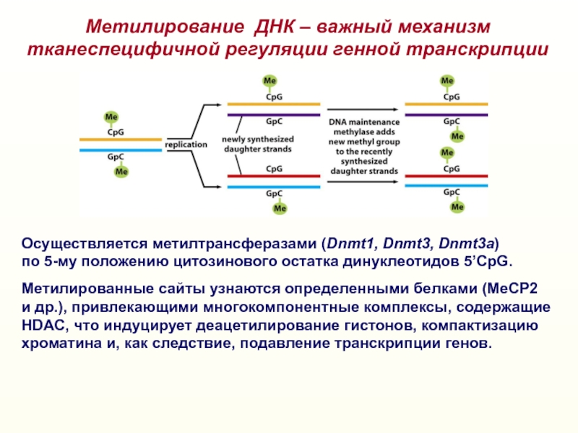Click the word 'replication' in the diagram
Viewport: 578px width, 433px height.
[x=186, y=144]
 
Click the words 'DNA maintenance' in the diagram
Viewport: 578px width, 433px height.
[x=363, y=123]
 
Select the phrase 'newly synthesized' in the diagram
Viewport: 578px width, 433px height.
[x=257, y=139]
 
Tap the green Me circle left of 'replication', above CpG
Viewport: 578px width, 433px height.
[x=111, y=117]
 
